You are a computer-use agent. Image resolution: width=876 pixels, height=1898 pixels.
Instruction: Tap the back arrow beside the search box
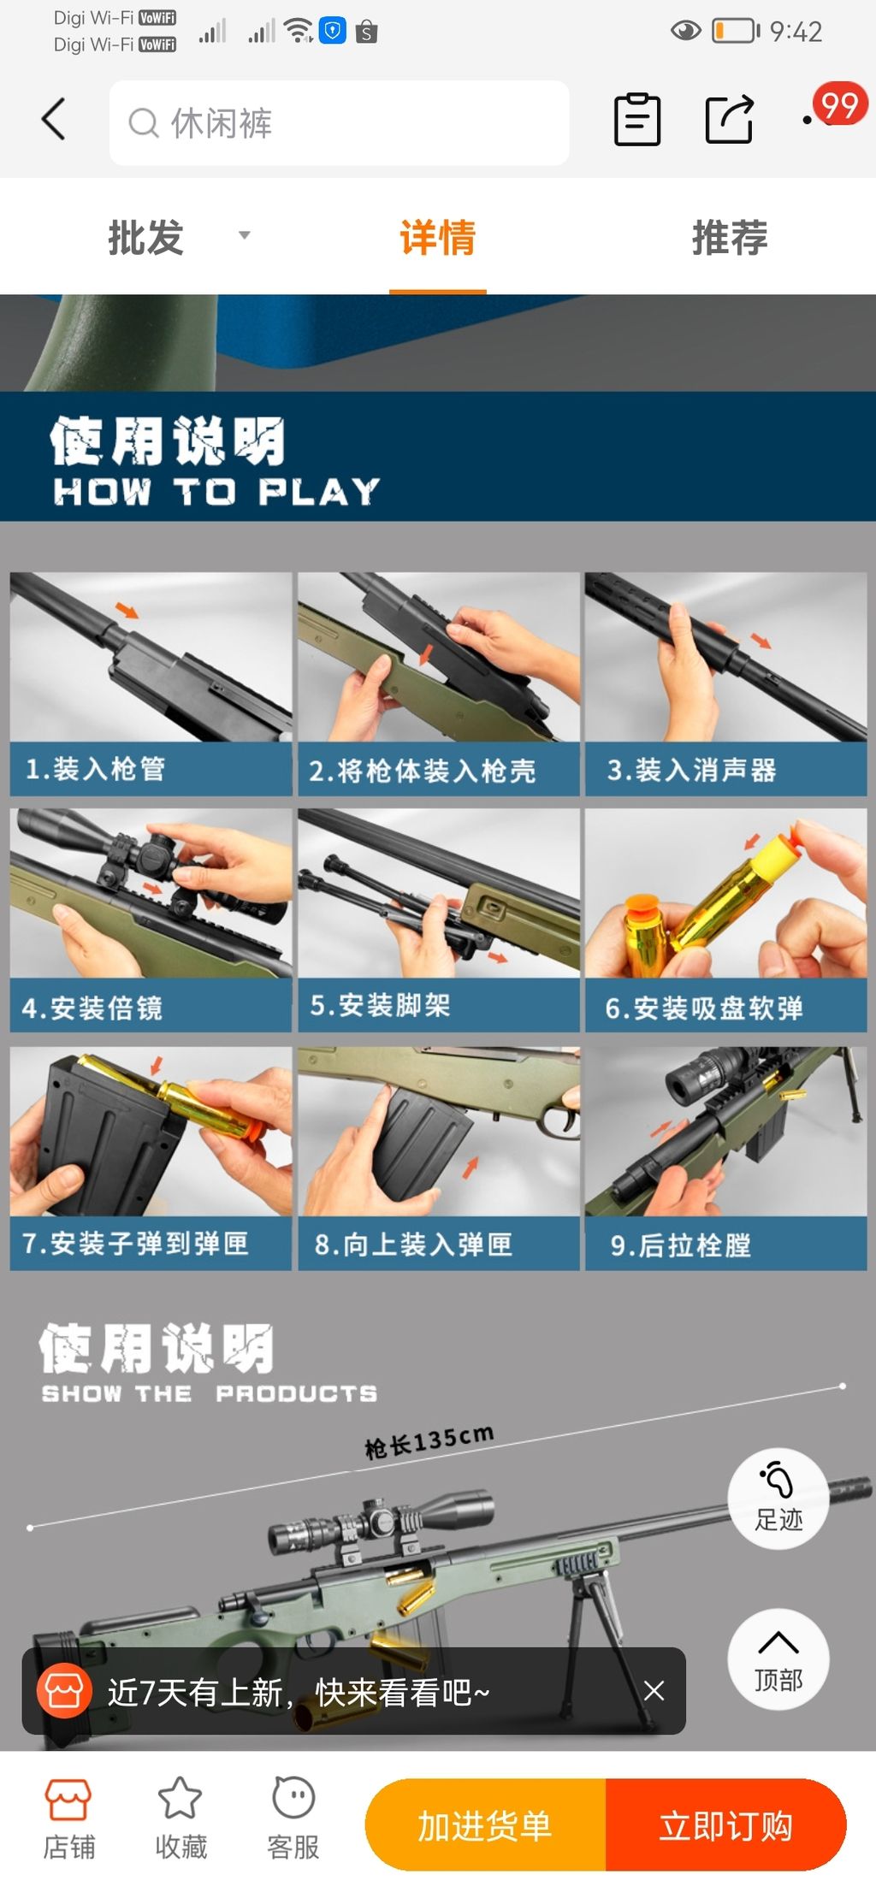53,119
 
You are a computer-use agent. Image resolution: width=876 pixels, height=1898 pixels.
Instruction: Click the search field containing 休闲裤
339,123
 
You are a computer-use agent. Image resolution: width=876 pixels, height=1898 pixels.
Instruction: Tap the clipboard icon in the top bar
637,119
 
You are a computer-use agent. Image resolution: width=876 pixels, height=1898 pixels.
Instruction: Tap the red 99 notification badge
839,105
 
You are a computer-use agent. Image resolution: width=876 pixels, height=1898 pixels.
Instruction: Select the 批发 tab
146,238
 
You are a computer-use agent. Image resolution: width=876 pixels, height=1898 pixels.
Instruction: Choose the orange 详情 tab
437,238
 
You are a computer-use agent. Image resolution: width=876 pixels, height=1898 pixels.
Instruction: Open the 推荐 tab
729,238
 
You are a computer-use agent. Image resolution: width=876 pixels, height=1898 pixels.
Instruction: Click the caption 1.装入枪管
96,769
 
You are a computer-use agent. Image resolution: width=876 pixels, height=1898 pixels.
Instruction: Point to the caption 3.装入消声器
691,770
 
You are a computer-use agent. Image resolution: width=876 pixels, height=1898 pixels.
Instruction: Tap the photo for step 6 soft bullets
725,893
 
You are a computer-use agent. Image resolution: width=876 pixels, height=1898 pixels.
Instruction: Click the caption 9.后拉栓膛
681,1245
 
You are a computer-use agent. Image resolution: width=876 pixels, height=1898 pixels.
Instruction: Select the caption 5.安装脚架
380,1005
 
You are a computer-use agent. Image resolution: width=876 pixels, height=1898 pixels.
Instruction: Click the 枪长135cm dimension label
429,1441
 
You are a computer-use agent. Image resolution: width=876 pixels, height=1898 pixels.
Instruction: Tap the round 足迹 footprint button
778,1498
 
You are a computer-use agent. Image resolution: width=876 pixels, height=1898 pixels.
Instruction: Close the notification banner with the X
654,1690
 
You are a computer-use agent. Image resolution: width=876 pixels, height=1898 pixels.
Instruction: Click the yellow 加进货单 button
485,1824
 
